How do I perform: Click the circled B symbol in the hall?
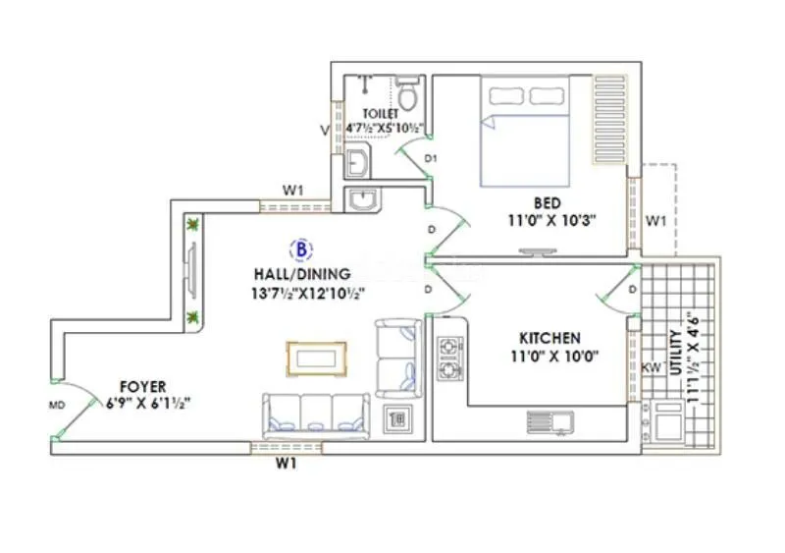(x=300, y=247)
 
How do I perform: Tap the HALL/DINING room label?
(x=300, y=274)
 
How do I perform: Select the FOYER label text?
(x=142, y=386)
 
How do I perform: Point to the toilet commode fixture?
(x=410, y=96)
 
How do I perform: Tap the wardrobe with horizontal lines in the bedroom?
(x=609, y=120)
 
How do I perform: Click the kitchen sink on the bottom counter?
(x=549, y=422)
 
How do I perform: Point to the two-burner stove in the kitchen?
(x=450, y=359)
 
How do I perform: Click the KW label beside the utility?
(x=650, y=366)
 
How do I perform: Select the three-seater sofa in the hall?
(x=315, y=415)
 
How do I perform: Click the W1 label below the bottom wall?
(x=285, y=465)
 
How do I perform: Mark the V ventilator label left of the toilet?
(x=325, y=129)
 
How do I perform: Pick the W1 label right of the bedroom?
(x=654, y=221)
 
